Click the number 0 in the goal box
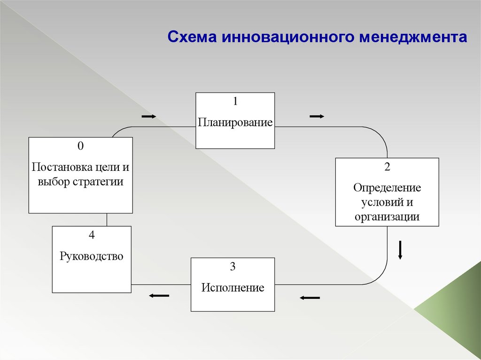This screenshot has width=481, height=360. click(80, 146)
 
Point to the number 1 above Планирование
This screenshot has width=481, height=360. click(235, 101)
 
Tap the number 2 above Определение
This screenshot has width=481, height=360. click(387, 167)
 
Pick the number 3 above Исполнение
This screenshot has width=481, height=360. click(233, 267)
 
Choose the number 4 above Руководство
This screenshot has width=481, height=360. click(92, 235)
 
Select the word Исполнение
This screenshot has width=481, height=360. click(233, 287)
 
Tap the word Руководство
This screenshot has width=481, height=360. click(92, 256)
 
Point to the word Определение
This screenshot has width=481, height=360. click(387, 188)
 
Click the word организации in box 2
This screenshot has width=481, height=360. click(387, 216)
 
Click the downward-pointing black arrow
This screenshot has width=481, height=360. click(400, 250)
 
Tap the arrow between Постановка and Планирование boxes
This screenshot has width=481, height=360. click(148, 116)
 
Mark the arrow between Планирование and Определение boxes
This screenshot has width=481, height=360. click(317, 116)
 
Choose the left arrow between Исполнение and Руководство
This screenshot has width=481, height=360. click(159, 295)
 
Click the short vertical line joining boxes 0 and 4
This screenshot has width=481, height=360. click(107, 220)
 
